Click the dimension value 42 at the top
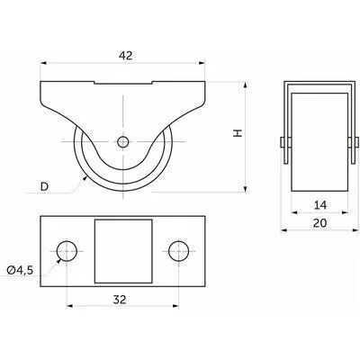pos(125,56)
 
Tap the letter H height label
pos(238,133)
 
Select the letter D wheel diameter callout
pos(44,186)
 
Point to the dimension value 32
pos(120,299)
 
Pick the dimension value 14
pos(320,205)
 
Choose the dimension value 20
pos(319,223)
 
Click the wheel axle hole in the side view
pos(122,141)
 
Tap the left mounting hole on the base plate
pos(67,251)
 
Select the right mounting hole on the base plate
pos(179,251)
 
